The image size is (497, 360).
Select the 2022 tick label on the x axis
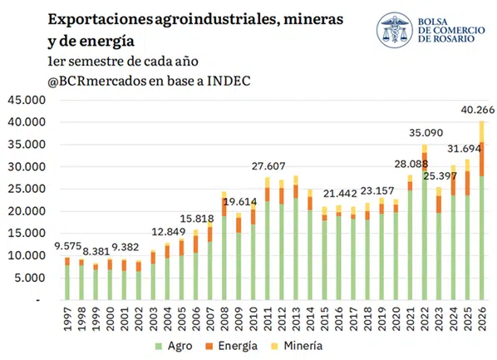[x=425, y=318]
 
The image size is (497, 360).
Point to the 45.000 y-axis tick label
[x=27, y=101]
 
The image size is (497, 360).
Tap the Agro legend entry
[x=174, y=346]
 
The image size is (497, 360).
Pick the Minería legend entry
[x=297, y=346]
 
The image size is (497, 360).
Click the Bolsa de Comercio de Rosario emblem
[x=395, y=30]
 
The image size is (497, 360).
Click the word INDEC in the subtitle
[x=229, y=81]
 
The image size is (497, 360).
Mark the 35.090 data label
[x=426, y=132]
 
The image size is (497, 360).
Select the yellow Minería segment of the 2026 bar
[x=482, y=131]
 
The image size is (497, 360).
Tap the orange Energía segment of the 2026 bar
[x=482, y=160]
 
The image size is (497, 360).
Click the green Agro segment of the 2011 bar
[x=268, y=250]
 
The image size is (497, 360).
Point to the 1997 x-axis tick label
[x=67, y=318]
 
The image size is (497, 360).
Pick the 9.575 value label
[x=68, y=246]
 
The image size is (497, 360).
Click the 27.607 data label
[x=268, y=166]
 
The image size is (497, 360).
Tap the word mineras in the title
[x=313, y=20]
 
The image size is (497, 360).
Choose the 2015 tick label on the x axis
[x=325, y=318]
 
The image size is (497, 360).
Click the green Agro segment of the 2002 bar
[x=139, y=286]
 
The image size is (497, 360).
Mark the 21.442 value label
[x=340, y=193]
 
